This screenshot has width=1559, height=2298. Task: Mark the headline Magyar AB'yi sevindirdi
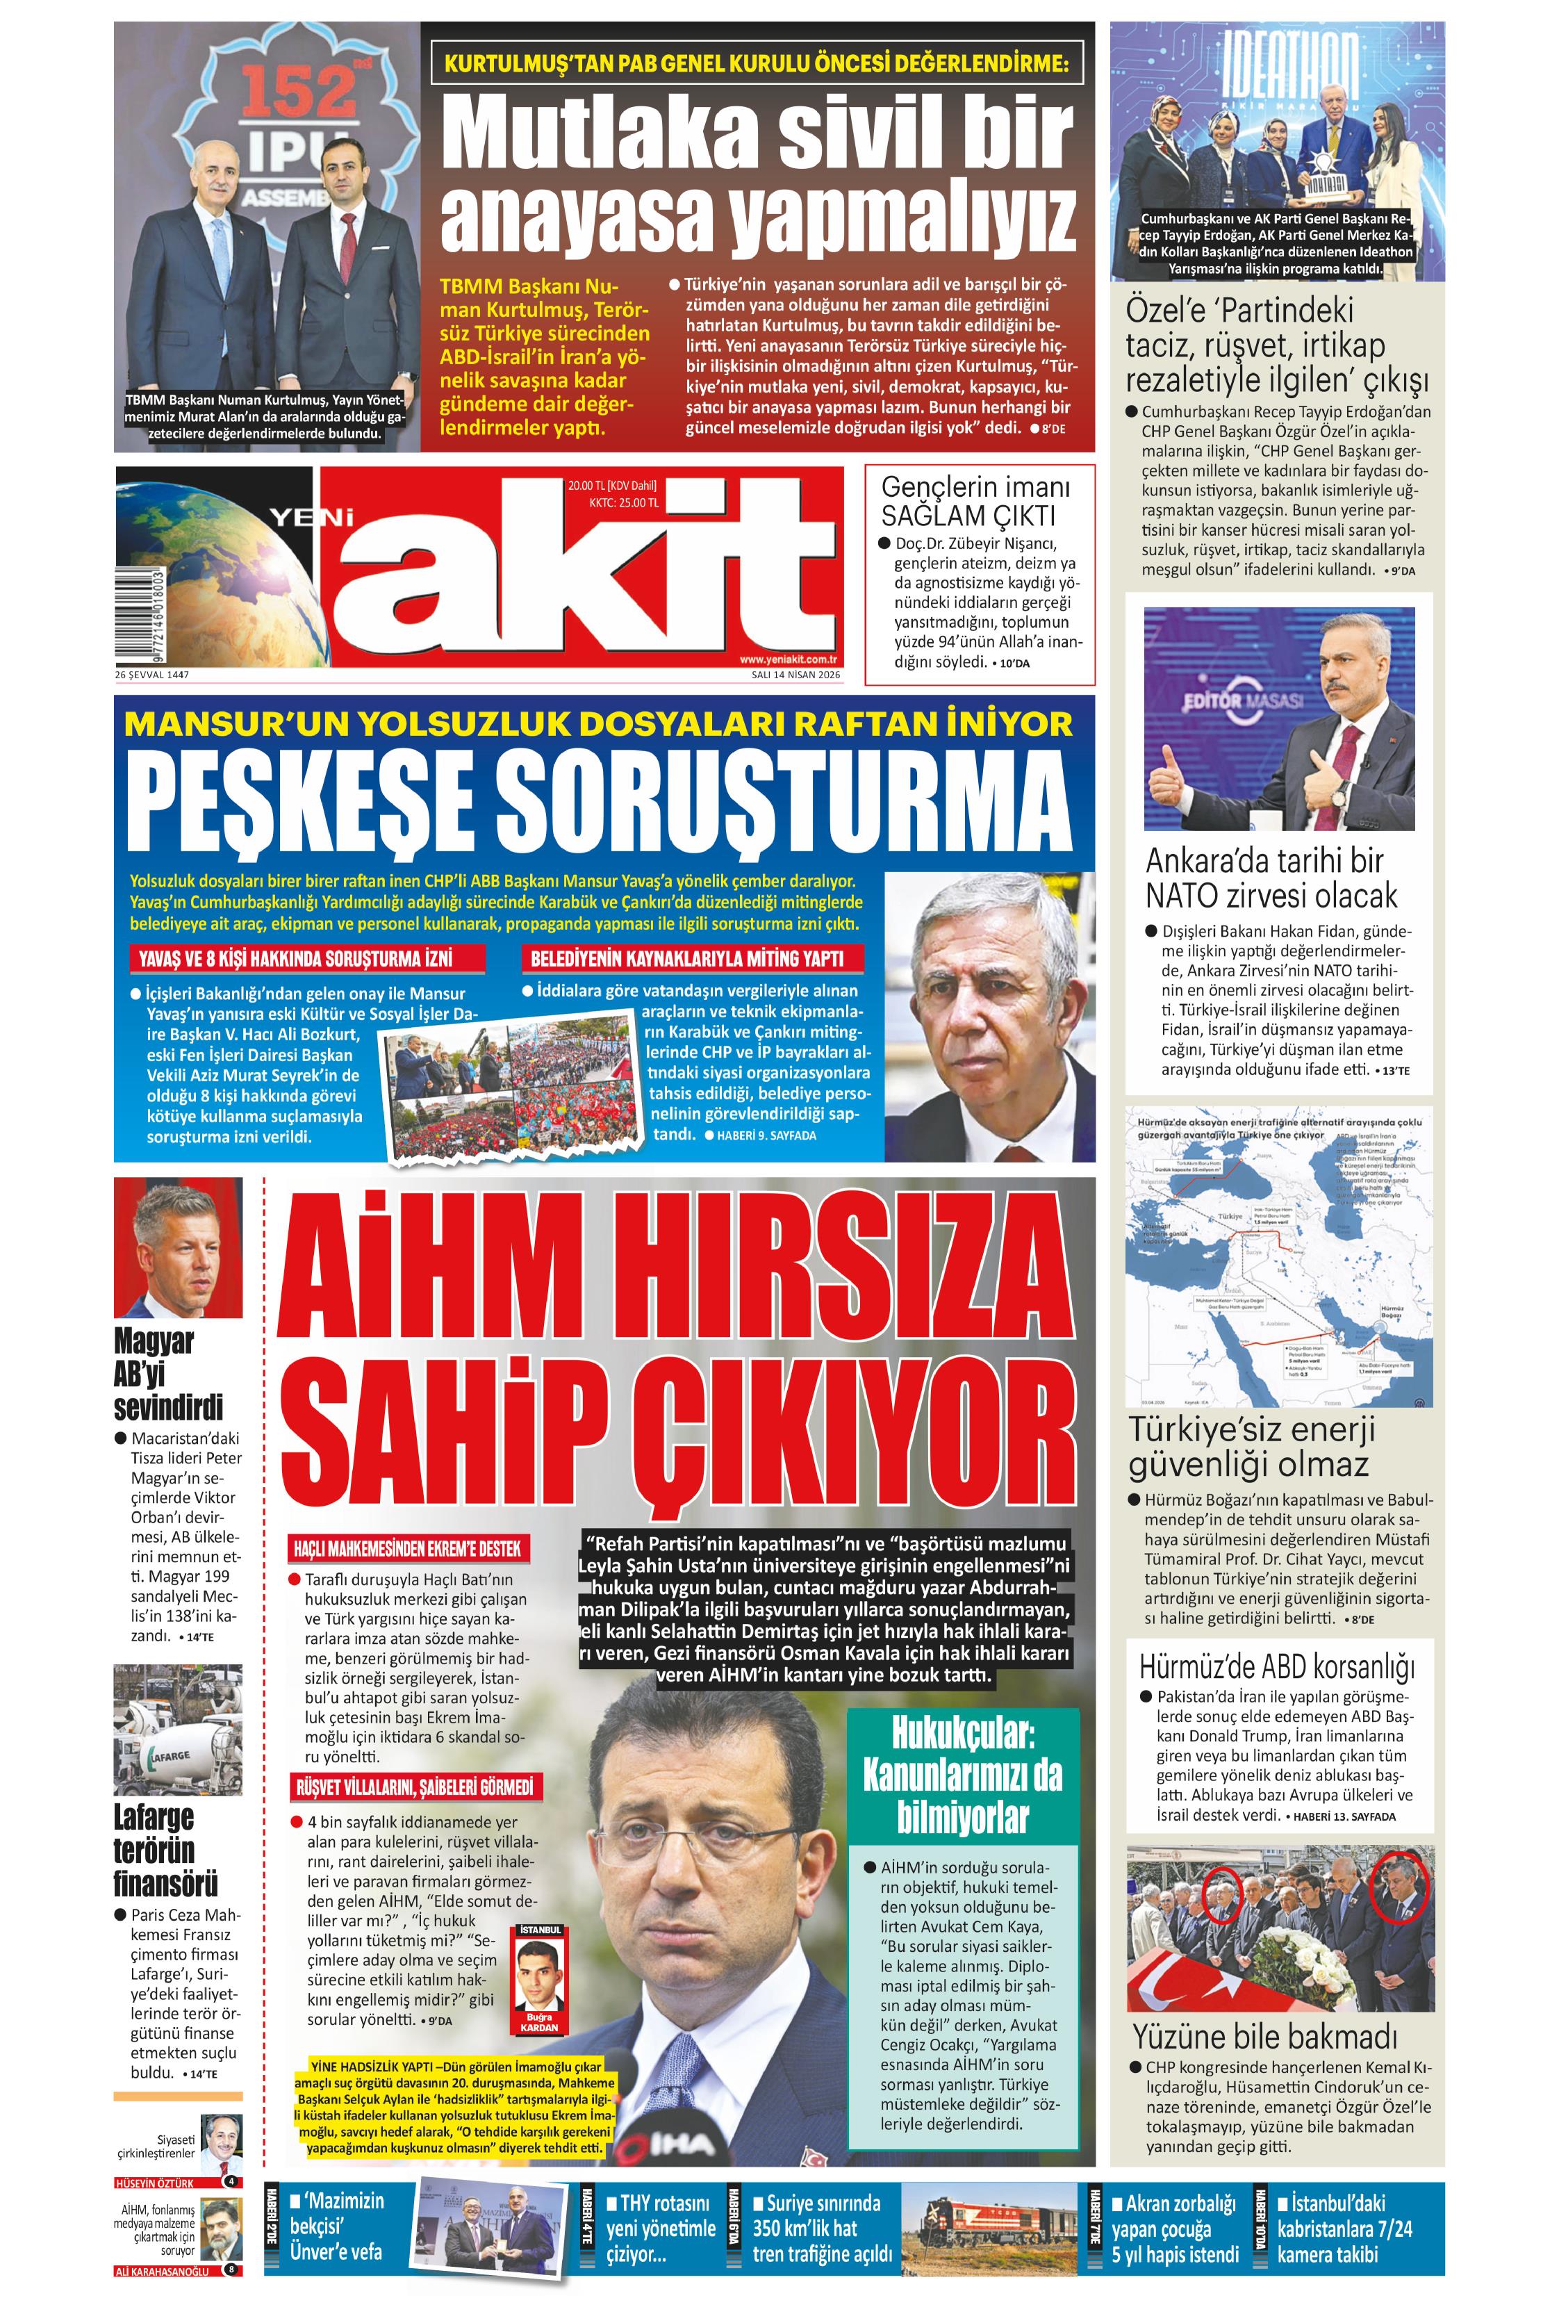(168, 1374)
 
